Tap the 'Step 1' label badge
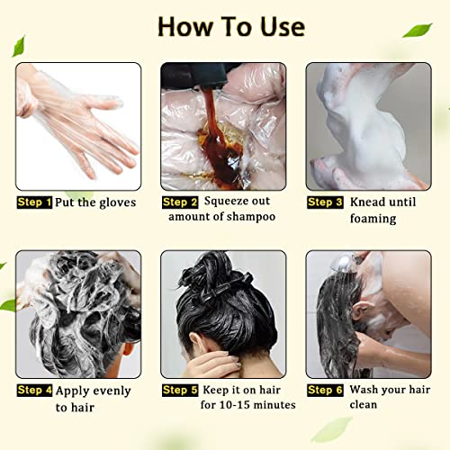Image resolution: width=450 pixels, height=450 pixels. tap(35, 202)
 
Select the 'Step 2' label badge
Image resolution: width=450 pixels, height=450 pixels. tap(180, 202)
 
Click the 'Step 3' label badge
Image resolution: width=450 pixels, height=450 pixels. tap(325, 202)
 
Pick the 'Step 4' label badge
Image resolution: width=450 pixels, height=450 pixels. tap(35, 391)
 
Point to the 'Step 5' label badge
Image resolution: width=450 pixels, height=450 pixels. tap(180, 391)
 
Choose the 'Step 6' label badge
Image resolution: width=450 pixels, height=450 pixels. tap(325, 391)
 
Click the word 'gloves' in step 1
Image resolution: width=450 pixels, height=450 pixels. tap(115, 203)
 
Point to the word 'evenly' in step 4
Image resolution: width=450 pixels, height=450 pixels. tap(110, 391)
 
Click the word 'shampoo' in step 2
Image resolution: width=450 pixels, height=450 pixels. tap(254, 218)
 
